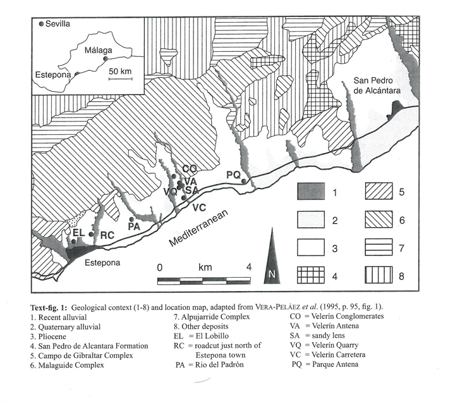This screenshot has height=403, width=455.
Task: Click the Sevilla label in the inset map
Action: click(58, 24)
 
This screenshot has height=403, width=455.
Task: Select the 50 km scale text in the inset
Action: click(119, 71)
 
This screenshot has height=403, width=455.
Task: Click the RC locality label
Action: click(107, 235)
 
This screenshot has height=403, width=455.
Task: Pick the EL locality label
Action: click(79, 233)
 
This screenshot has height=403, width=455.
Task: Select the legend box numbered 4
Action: click(311, 275)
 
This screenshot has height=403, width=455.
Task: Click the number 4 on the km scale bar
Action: click(249, 267)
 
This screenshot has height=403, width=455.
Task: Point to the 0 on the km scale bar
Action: click(160, 267)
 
